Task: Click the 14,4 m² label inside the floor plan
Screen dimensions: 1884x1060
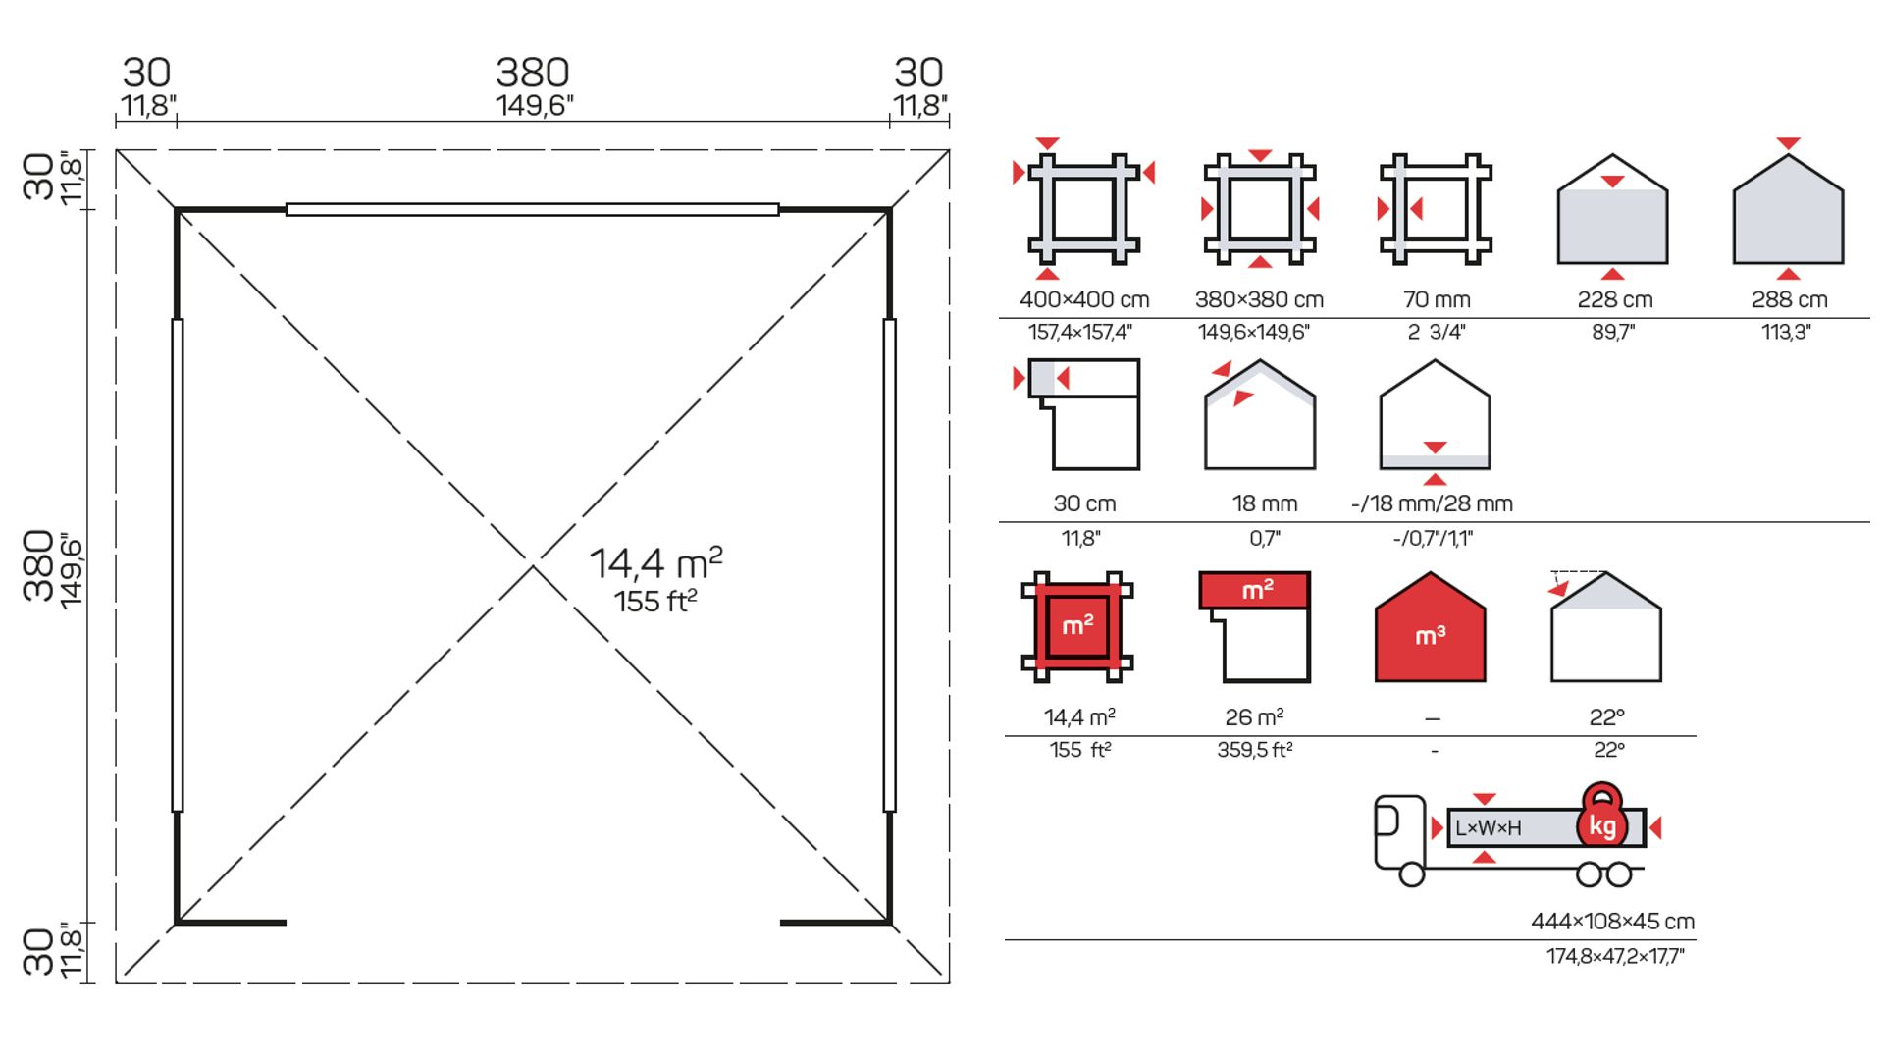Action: click(655, 563)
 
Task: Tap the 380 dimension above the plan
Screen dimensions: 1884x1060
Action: click(533, 73)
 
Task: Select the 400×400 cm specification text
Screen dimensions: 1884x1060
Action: click(1084, 299)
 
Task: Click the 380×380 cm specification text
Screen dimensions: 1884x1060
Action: click(1259, 299)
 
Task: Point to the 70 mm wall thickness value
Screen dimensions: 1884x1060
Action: click(1437, 299)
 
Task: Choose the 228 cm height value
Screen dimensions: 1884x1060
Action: click(1615, 299)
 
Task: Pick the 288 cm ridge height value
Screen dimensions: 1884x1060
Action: click(1790, 299)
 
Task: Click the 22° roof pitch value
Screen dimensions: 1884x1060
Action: click(1607, 717)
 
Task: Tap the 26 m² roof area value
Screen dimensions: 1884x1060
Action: click(1255, 717)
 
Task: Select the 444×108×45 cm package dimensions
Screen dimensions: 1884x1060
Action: click(1613, 922)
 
